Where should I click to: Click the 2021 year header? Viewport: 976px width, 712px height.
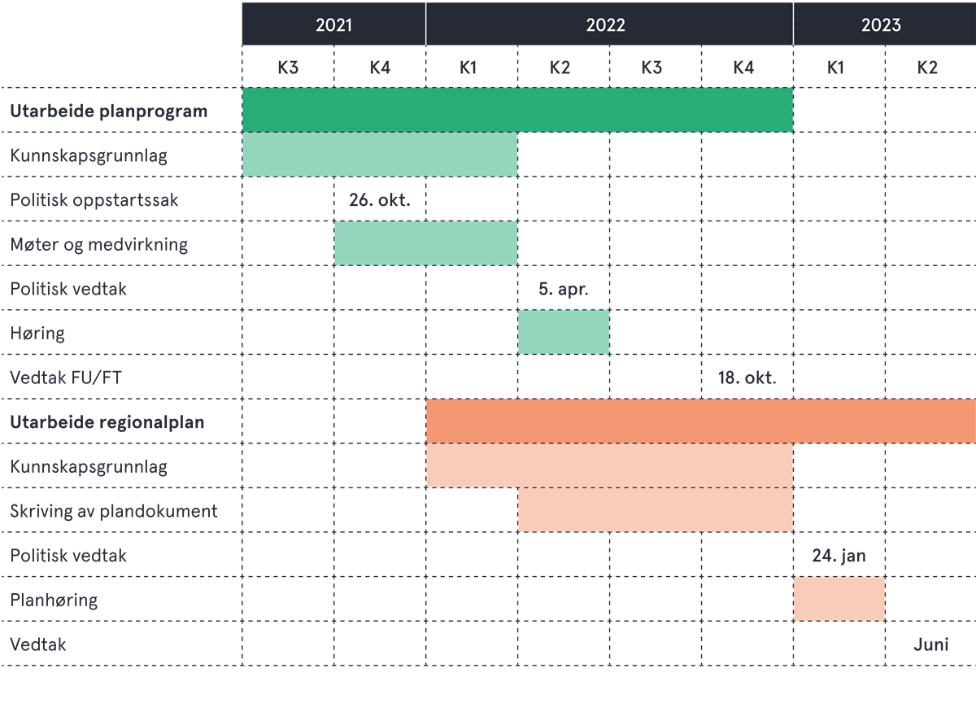coord(333,24)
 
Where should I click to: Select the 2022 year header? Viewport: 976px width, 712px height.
coord(606,24)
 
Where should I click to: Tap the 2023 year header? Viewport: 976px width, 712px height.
coord(882,24)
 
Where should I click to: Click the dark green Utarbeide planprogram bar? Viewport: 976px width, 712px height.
coord(517,110)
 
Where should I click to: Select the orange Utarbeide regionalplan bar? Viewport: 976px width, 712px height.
coord(700,422)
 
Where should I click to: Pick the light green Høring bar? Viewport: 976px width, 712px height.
coord(564,332)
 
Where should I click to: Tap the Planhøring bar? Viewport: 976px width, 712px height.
coord(839,599)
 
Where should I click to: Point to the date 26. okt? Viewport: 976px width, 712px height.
coord(378,200)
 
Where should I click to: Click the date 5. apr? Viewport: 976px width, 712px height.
coord(563,289)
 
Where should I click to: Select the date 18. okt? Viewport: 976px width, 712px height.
coord(747,378)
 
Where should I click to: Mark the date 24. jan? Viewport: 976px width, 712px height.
coord(839,556)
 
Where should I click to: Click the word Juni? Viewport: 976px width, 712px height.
coord(930,644)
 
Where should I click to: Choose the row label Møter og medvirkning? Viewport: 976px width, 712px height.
coord(98,244)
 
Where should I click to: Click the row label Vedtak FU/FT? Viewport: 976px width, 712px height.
coord(66,378)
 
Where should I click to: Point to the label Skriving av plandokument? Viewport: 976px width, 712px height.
coord(114,511)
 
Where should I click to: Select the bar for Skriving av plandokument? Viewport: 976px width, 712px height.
coord(655,510)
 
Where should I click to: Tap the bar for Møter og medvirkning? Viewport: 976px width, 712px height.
coord(425,243)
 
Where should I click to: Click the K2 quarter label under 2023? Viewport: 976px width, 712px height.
coord(927,68)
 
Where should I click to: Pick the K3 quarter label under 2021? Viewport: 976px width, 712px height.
coord(287,68)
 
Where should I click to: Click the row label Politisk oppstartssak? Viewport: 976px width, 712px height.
coord(94,200)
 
